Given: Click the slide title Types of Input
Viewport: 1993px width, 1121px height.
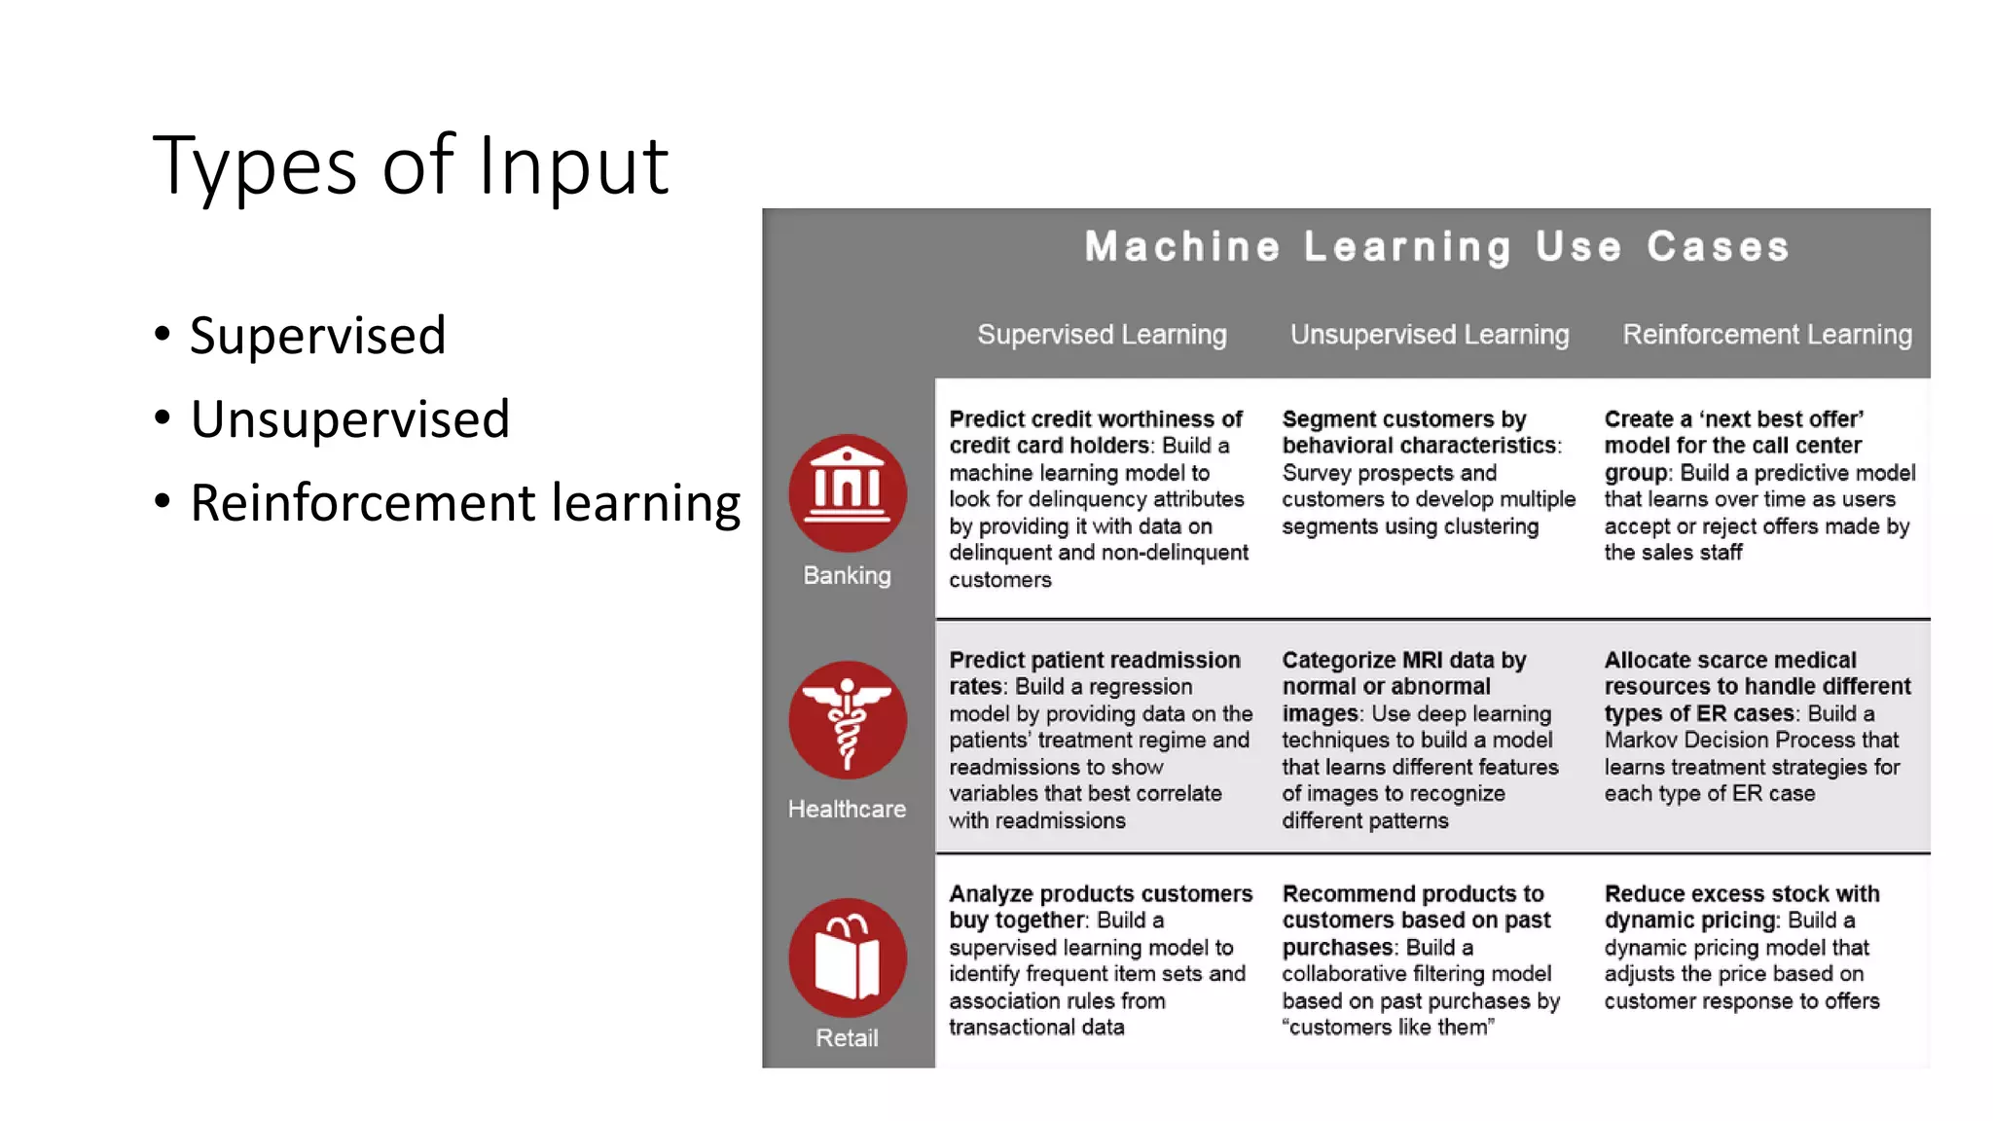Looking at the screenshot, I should click(410, 165).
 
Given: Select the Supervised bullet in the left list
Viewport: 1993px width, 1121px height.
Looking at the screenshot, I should click(317, 336).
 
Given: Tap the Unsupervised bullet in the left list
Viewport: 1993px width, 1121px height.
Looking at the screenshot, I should click(349, 419).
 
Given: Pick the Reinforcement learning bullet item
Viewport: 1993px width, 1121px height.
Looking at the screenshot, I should click(465, 503).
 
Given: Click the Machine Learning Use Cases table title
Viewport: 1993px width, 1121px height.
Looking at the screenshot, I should click(1436, 247).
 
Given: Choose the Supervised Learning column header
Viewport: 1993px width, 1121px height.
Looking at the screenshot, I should click(1102, 335).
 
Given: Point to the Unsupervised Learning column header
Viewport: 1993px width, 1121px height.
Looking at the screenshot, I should click(1430, 335).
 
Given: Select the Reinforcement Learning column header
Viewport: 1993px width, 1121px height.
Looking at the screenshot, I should click(1766, 335).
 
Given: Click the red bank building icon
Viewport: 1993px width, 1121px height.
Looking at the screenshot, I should click(847, 492).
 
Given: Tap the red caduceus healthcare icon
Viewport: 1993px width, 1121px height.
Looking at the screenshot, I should click(847, 720).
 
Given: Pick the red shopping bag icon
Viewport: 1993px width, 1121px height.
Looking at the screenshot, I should click(847, 958).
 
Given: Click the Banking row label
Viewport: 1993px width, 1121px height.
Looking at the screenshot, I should click(847, 576).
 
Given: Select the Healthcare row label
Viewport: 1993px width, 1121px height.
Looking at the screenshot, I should click(847, 810).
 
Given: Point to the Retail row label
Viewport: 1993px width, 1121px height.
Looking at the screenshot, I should click(847, 1038).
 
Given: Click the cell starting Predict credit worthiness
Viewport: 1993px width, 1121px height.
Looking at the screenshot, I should click(1098, 498).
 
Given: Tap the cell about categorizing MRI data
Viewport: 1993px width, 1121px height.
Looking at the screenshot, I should click(1420, 740).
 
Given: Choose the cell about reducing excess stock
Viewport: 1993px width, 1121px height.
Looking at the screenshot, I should click(1742, 947).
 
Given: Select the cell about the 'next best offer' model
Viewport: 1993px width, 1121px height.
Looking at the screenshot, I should click(1758, 486).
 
